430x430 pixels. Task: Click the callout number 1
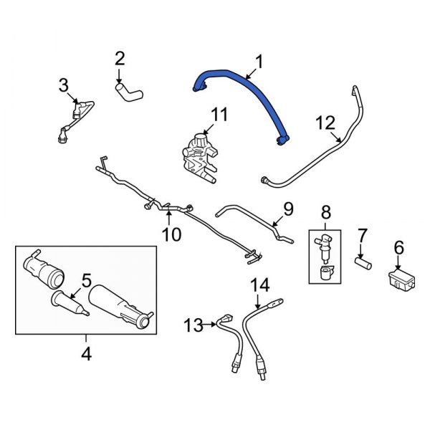tap(259, 63)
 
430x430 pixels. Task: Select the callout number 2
tap(120, 58)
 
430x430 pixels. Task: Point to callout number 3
tap(64, 87)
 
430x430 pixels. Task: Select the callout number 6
tap(399, 248)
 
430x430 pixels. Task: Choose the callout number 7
tap(363, 234)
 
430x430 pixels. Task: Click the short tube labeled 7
tap(363, 264)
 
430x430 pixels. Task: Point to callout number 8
tap(327, 211)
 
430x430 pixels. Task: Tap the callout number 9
tap(287, 209)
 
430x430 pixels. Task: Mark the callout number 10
tap(171, 234)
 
